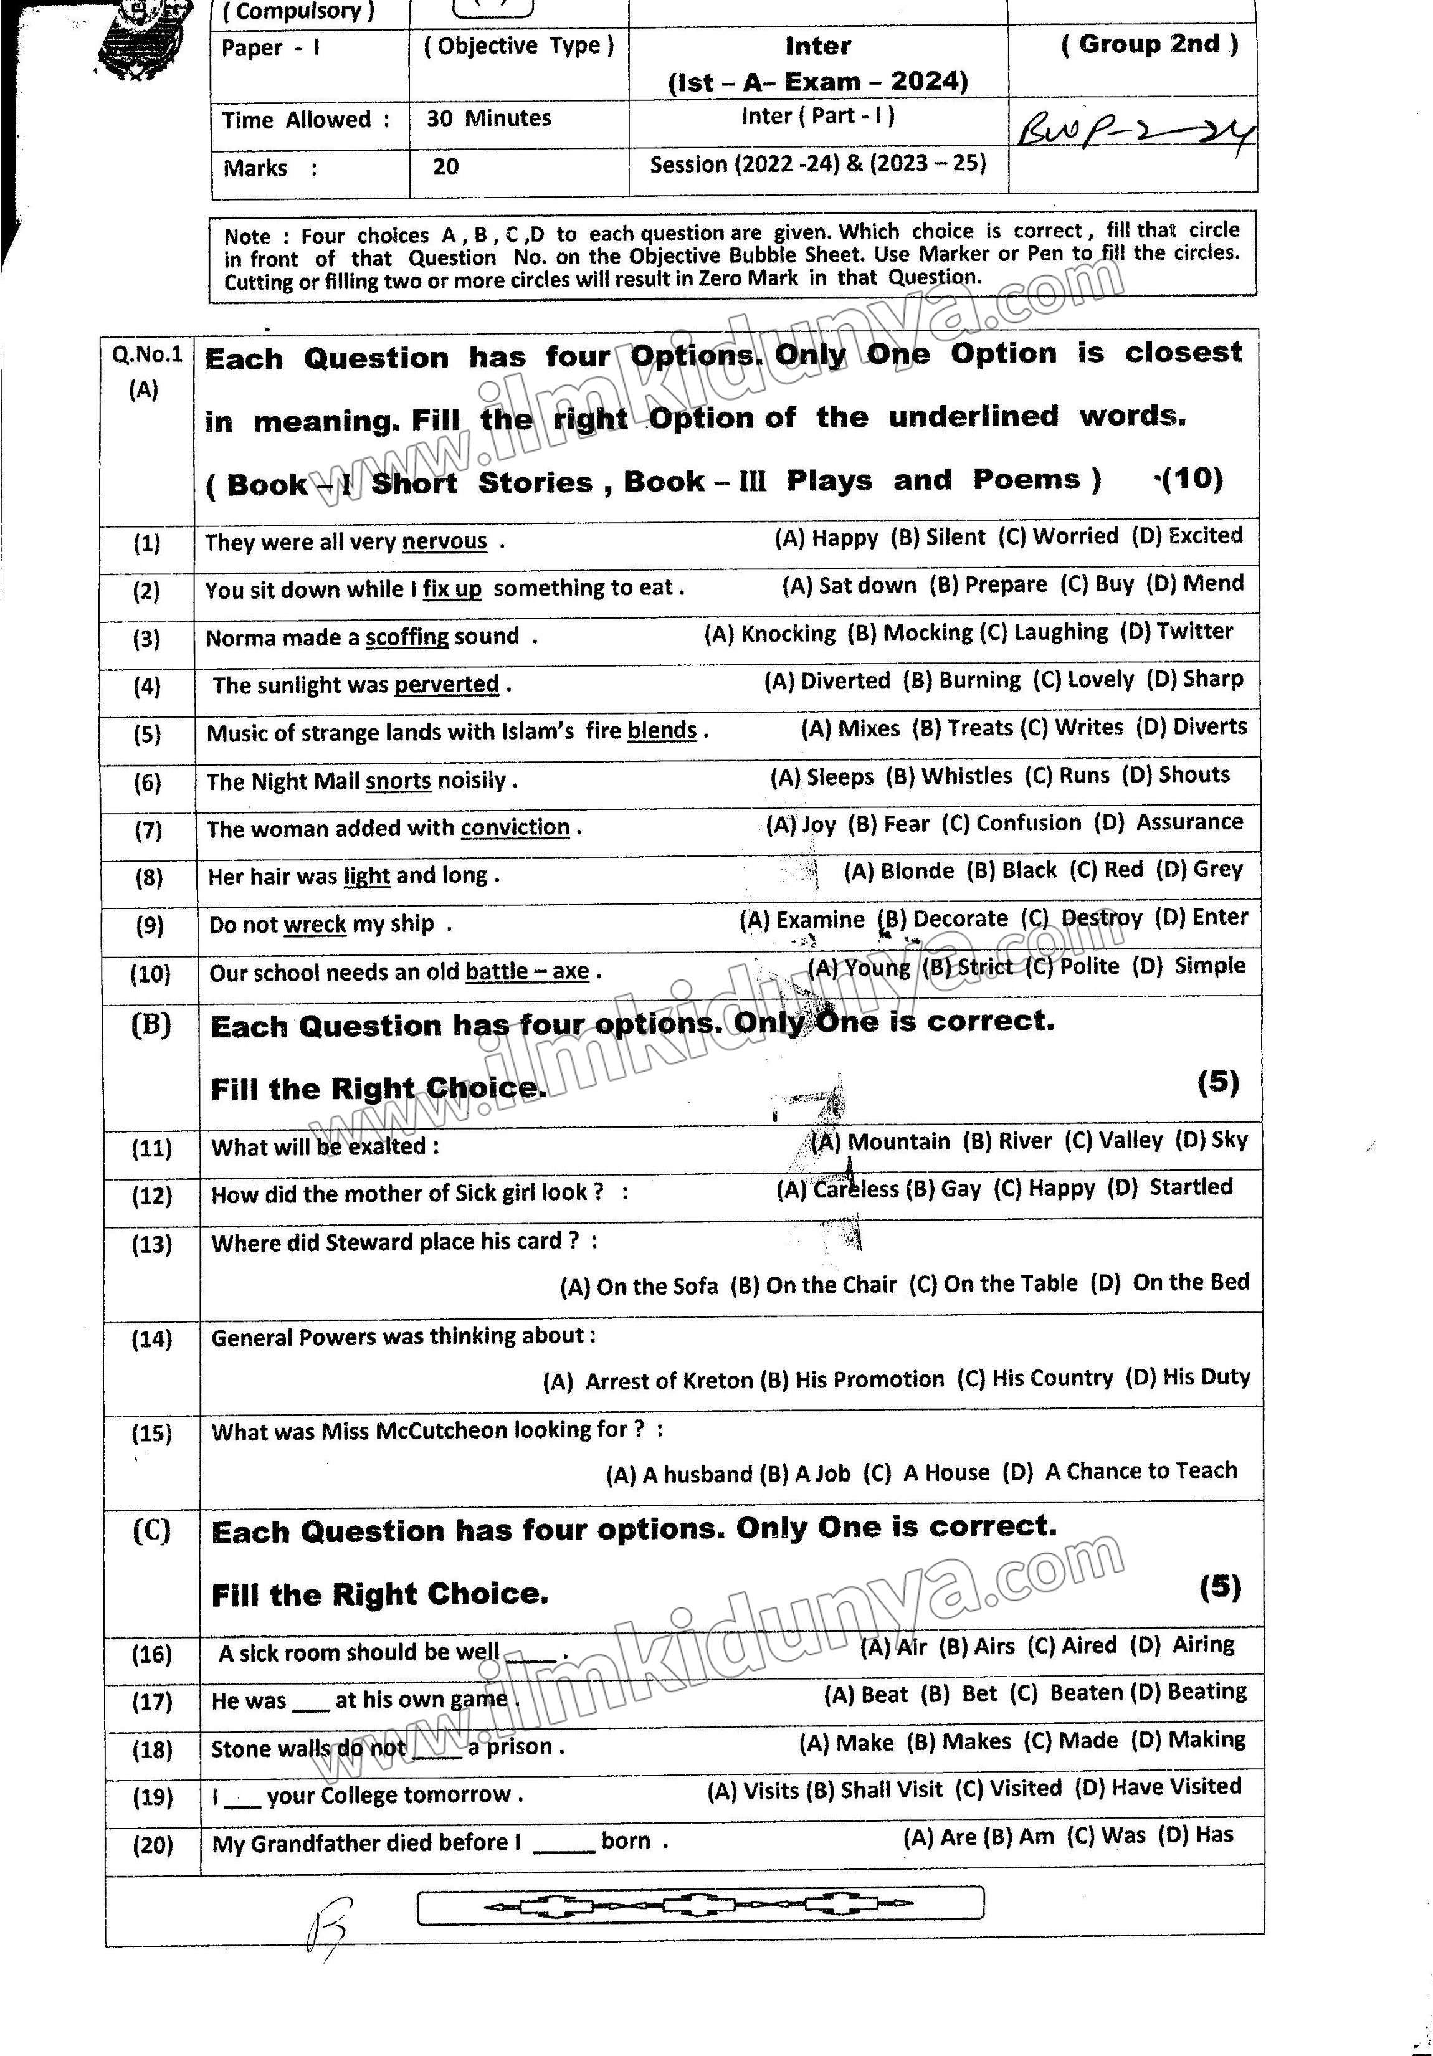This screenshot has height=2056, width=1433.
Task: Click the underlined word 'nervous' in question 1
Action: point(444,542)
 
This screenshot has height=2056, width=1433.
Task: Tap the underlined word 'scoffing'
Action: point(407,637)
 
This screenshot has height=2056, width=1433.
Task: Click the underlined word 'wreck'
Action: point(315,924)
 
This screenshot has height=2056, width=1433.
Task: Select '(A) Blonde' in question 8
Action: point(898,870)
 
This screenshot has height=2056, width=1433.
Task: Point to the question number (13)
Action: point(151,1245)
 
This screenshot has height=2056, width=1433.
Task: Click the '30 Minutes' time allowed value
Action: point(488,118)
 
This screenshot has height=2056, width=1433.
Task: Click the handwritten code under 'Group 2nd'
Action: point(1135,131)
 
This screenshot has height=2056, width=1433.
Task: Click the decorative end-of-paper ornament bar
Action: point(700,1906)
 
